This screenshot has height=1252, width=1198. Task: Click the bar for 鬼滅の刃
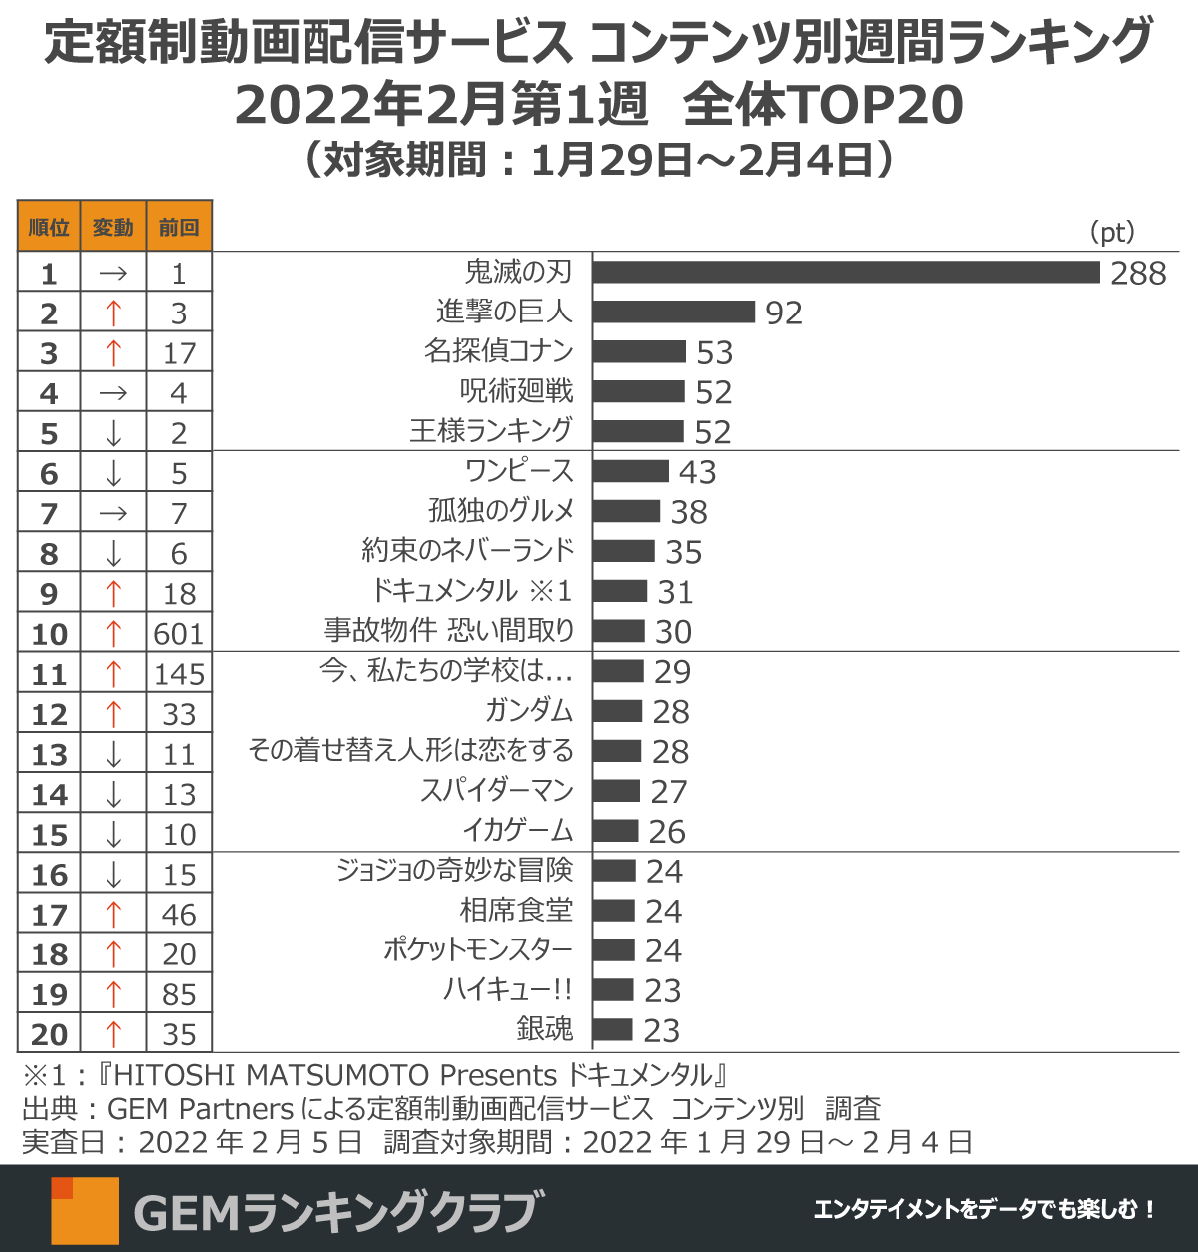[846, 272]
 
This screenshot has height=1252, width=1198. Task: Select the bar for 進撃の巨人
[674, 312]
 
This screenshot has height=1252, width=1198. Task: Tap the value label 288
[1138, 273]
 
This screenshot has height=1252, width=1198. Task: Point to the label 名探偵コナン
[498, 351]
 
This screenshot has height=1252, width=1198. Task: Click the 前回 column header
[179, 227]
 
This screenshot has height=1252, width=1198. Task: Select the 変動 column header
[113, 227]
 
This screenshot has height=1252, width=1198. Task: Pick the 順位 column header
[49, 227]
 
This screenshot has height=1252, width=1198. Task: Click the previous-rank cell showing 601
[179, 633]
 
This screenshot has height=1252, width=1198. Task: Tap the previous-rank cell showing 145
[179, 674]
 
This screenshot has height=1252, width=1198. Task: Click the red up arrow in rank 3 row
[113, 352]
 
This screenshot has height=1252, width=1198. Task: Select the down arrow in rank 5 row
[113, 433]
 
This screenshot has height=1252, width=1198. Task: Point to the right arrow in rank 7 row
[113, 513]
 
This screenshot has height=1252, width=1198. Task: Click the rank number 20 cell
[49, 1034]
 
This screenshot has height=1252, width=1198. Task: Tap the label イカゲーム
[518, 831]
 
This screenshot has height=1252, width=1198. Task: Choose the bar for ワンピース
[631, 471]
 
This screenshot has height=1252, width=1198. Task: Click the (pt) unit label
[1112, 233]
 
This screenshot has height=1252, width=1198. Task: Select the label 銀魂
[545, 1029]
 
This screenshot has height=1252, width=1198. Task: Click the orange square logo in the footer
[85, 1210]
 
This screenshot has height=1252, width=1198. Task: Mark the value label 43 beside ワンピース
[698, 472]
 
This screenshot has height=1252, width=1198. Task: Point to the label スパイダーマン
[497, 791]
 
